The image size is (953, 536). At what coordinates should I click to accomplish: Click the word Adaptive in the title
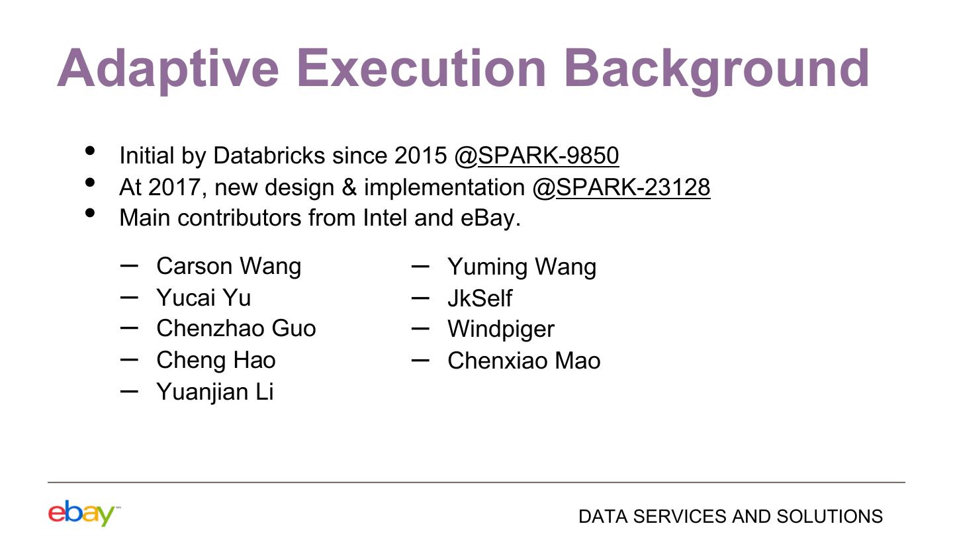(168, 70)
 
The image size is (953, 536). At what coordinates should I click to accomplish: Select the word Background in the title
(717, 70)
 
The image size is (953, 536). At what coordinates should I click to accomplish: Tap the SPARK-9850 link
(549, 156)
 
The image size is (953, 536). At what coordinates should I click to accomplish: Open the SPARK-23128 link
(633, 187)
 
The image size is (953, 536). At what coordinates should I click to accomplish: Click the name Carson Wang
(229, 267)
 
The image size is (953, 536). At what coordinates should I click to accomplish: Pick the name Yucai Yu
(204, 297)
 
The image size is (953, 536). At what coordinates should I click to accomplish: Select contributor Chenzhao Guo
(236, 328)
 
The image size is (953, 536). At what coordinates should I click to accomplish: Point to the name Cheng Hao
(216, 361)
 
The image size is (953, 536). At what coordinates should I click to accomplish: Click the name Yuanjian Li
(215, 392)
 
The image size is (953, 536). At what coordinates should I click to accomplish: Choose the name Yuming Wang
(522, 267)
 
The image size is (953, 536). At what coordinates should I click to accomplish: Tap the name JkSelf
(480, 298)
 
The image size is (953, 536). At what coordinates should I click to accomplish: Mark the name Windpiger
(501, 330)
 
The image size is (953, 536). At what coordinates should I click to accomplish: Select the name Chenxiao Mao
(524, 361)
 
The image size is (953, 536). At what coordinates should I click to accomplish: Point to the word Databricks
(269, 156)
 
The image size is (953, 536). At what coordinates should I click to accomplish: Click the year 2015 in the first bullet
(420, 156)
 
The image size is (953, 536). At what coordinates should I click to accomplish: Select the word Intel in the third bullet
(385, 218)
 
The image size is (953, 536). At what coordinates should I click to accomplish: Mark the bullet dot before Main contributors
(90, 213)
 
